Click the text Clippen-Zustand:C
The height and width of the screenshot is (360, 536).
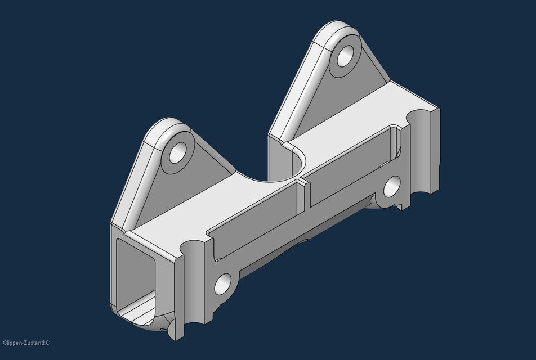[26, 343]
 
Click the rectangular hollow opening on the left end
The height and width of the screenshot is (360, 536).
[135, 276]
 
